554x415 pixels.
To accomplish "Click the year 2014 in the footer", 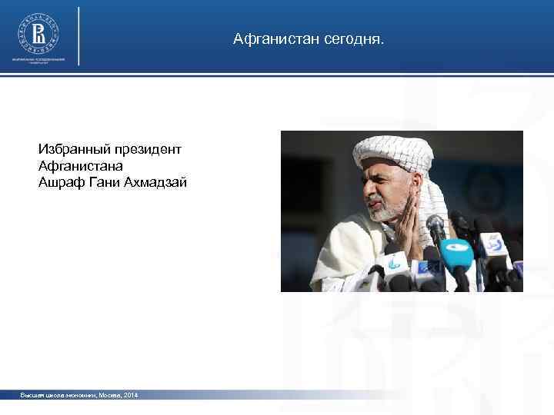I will click(129, 395).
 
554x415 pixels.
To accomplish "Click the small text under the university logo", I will click(38, 61).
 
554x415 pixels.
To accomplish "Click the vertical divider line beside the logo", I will click(79, 36).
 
